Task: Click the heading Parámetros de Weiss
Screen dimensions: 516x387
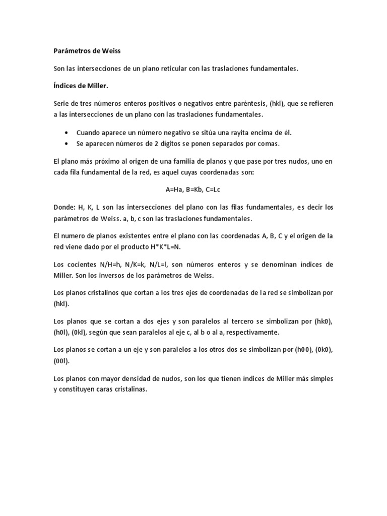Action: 87,51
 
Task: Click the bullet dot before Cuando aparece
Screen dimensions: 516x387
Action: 68,133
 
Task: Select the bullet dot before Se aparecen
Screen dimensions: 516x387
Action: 68,144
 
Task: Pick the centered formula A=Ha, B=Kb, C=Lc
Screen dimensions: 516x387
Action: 193,189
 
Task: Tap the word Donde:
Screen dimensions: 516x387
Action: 63,207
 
